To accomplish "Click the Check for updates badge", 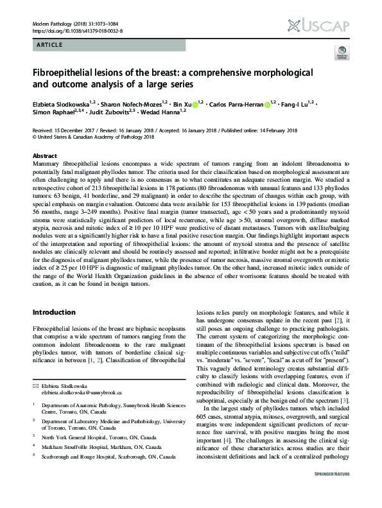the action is tap(340, 53).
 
